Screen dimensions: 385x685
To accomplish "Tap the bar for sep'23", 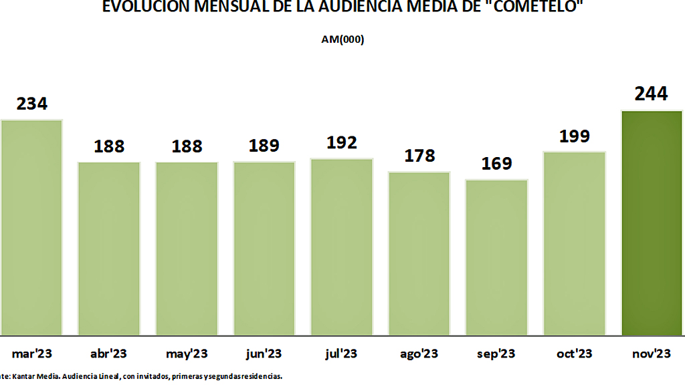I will point(496,257).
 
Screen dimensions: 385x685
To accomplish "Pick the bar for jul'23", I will point(341,247).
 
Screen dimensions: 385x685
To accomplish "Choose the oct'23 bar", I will point(574,243).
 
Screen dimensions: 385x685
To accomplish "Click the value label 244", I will point(652,94).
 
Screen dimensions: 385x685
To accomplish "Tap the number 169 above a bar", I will point(496,164).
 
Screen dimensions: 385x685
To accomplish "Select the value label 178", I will point(419,156).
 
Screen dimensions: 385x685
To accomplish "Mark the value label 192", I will point(341,142).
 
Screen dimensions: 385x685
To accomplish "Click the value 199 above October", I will point(574,136).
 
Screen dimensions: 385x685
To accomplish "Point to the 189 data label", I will point(264,146).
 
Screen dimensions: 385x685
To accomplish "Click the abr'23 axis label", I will point(108,354).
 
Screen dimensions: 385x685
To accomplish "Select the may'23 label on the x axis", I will point(186,354).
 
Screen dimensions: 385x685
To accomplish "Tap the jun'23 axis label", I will point(264,354).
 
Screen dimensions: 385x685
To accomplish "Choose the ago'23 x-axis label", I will point(419,354).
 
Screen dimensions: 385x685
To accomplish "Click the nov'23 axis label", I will point(652,354).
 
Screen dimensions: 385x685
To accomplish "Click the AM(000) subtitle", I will point(342,39).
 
